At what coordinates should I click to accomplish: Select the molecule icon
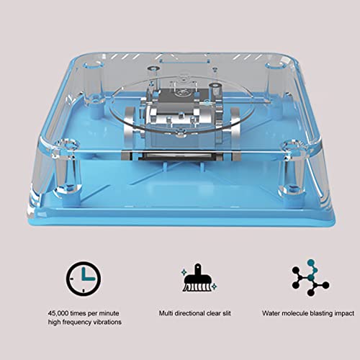coord(310,279)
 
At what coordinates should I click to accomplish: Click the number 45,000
coord(62,313)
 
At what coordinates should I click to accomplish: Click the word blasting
coord(315,313)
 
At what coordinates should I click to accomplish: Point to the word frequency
coord(76,322)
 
